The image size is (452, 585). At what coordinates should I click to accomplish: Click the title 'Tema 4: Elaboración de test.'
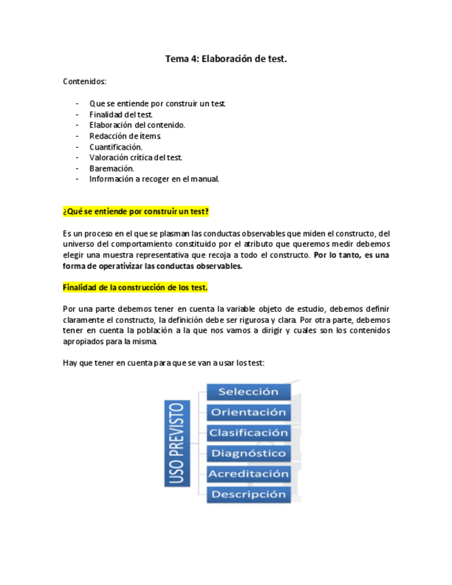point(226,59)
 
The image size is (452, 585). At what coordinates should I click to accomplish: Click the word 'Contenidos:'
point(84,81)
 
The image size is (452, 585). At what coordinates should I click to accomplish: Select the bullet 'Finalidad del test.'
point(121,115)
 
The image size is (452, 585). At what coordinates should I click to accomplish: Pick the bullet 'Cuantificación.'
point(116,147)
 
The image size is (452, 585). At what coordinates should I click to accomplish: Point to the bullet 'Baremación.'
point(112,168)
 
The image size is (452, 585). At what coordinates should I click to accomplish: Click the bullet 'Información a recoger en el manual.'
point(154,179)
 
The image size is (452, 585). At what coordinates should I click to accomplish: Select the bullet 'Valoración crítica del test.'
point(135,158)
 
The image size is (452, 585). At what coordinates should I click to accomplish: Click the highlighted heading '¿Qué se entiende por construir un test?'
point(136,211)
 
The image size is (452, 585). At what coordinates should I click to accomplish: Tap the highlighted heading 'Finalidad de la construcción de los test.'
point(135,287)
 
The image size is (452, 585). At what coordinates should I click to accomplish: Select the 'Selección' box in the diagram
point(248,392)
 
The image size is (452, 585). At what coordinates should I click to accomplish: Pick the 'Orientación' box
point(248,413)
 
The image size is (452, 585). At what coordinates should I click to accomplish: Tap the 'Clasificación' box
point(248,433)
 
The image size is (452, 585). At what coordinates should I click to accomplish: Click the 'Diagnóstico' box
point(248,454)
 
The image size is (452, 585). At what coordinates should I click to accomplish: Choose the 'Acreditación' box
point(248,475)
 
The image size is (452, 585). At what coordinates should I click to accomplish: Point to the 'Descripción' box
point(248,495)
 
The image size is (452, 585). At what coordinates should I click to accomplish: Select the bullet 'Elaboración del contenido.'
point(137,126)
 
